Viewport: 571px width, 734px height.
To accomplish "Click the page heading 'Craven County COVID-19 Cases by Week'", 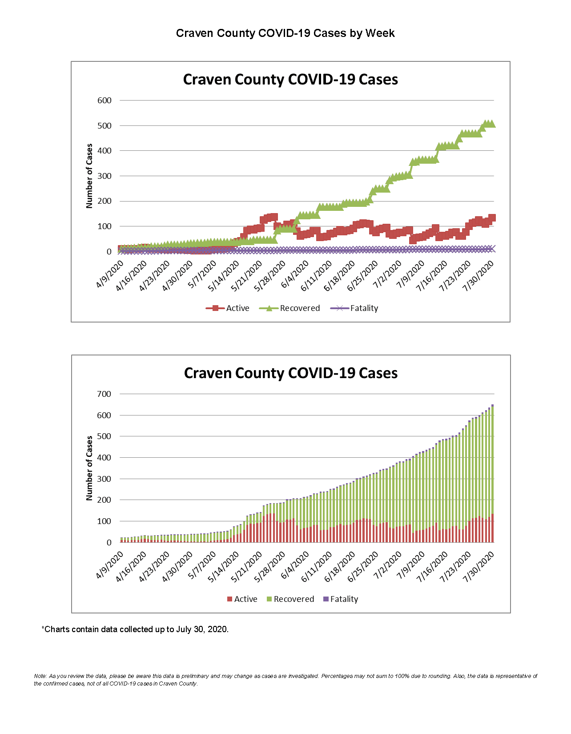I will tap(285, 33).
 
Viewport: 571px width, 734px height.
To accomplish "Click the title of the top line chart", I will tap(290, 80).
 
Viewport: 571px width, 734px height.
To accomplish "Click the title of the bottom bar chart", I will tap(290, 373).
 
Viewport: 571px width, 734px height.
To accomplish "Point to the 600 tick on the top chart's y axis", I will tap(105, 101).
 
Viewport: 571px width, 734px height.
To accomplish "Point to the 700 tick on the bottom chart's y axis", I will tap(105, 394).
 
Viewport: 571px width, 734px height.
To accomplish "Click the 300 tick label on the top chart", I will tap(105, 176).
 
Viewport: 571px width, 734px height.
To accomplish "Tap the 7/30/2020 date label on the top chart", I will tap(479, 276).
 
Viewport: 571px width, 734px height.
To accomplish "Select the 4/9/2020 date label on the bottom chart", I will tap(110, 565).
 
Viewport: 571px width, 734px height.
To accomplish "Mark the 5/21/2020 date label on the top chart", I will tap(247, 276).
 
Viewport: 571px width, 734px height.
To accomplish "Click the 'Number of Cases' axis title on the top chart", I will tap(89, 176).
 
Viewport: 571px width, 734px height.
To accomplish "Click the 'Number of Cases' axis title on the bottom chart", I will tap(89, 468).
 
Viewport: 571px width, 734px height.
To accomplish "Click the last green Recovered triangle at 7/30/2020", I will tap(491, 124).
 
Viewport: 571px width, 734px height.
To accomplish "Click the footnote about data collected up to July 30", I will tap(135, 629).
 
